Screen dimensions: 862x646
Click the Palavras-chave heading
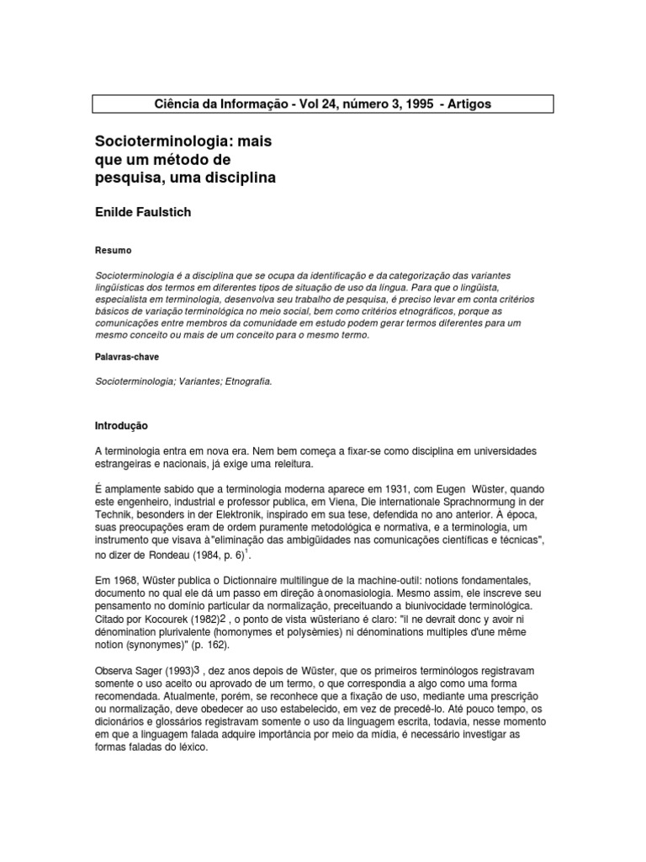point(127,357)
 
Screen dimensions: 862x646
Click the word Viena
point(290,501)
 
